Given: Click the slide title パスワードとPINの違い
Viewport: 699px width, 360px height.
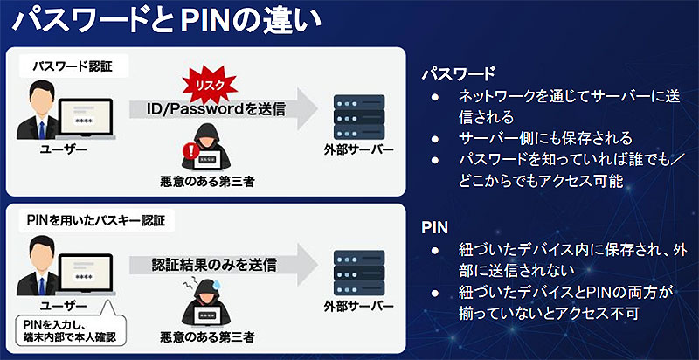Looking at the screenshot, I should (166, 22).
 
